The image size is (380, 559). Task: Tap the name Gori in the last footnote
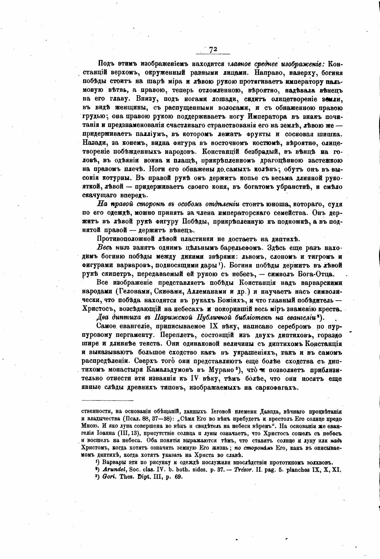tap(109, 477)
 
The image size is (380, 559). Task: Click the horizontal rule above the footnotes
tap(107, 400)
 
